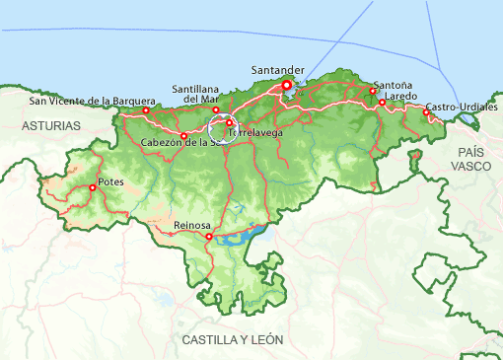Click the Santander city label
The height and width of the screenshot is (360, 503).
(x=278, y=70)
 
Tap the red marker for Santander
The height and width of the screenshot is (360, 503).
(x=287, y=86)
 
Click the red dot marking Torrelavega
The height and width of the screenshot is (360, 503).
(x=229, y=122)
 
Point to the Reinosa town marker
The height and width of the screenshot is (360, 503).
(x=209, y=237)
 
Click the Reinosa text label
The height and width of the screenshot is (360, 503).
(x=192, y=226)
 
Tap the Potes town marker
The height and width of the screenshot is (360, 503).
(x=93, y=187)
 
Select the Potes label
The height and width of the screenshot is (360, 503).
(x=111, y=181)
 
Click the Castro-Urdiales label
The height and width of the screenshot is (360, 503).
(x=462, y=107)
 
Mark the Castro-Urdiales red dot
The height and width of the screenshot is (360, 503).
(x=426, y=112)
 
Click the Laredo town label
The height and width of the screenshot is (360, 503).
(x=401, y=97)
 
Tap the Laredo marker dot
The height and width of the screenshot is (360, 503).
(x=382, y=103)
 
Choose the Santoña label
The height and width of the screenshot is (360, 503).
(x=394, y=86)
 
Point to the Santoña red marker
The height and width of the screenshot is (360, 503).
(x=373, y=91)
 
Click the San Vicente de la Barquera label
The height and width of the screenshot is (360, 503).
(x=92, y=100)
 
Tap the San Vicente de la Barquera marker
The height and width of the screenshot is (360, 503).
(x=146, y=110)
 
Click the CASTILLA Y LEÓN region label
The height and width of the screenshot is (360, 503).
(x=232, y=339)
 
